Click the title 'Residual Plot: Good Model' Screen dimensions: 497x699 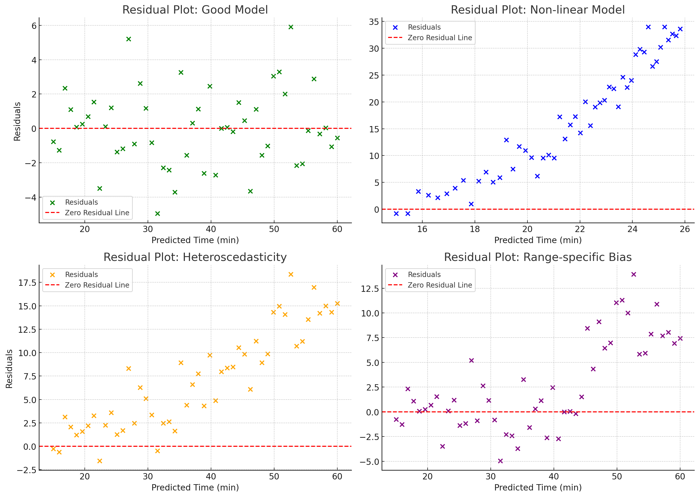195,10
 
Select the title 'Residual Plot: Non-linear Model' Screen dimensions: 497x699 538,10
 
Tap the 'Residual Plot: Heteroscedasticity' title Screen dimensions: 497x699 195,257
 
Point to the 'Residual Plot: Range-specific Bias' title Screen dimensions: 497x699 538,257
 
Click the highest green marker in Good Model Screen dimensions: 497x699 291,27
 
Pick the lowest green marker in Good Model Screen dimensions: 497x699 157,213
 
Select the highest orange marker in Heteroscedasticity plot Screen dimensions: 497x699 291,274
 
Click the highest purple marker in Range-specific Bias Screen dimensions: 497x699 634,274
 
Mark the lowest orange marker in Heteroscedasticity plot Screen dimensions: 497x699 100,461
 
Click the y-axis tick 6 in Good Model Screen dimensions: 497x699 34,26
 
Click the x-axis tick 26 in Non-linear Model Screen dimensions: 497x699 685,229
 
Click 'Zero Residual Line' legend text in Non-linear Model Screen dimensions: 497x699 440,38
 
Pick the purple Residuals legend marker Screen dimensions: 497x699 395,275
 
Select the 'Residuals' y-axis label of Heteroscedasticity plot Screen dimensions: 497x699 10,369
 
